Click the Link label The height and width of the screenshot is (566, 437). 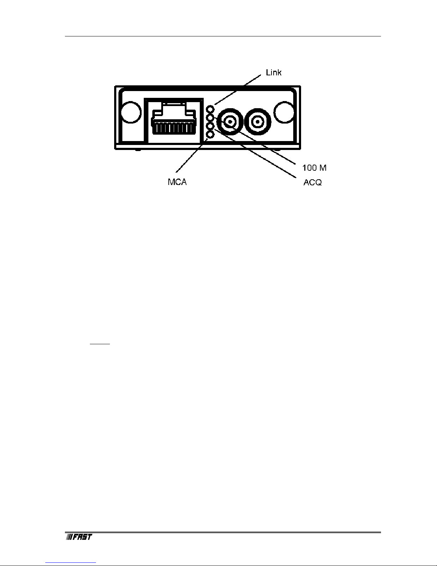click(x=274, y=73)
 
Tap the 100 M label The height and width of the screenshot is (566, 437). click(x=314, y=167)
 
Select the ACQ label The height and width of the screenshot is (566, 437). click(x=312, y=182)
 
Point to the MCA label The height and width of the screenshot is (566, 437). click(x=177, y=182)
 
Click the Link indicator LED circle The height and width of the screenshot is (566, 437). click(x=210, y=109)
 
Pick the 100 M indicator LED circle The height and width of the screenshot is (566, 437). click(x=210, y=117)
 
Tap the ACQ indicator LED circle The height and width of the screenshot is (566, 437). click(x=210, y=126)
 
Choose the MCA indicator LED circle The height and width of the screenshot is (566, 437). click(x=210, y=134)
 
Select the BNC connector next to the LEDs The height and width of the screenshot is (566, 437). click(x=230, y=122)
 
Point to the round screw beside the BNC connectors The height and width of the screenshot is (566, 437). click(x=284, y=111)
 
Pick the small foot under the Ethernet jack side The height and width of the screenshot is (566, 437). click(x=137, y=150)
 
